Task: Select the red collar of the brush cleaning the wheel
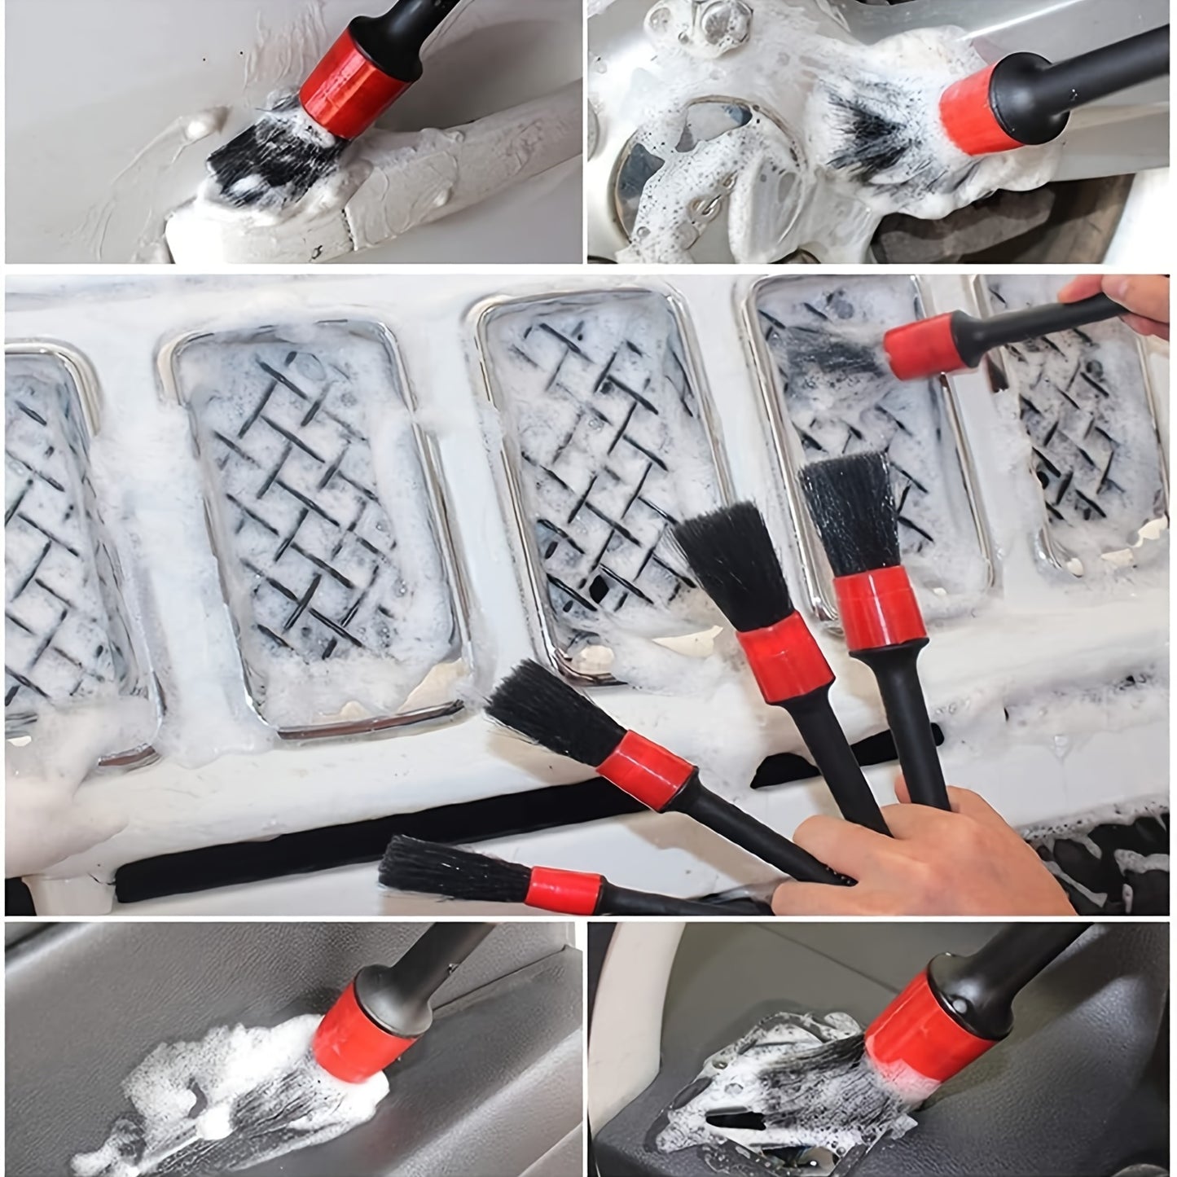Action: [x=982, y=109]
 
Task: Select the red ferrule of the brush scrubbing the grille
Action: [x=924, y=346]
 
